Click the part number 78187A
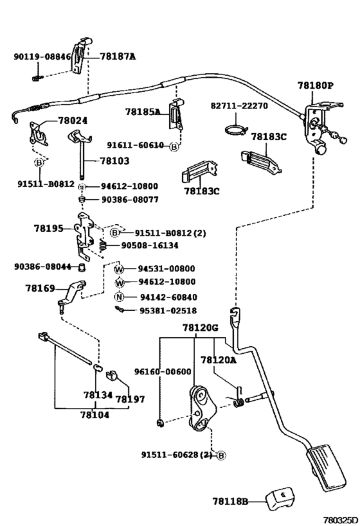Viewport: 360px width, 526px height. [x=118, y=57]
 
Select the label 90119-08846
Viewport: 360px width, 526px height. [x=42, y=57]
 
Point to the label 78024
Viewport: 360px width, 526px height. [x=73, y=120]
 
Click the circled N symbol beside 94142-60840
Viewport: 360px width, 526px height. [x=119, y=297]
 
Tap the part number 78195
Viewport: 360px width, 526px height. [x=49, y=228]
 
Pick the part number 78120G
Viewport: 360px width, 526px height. [x=200, y=328]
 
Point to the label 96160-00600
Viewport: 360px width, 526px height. [x=163, y=372]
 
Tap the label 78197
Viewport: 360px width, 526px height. [x=126, y=399]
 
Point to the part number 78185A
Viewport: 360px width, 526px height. [x=143, y=111]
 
